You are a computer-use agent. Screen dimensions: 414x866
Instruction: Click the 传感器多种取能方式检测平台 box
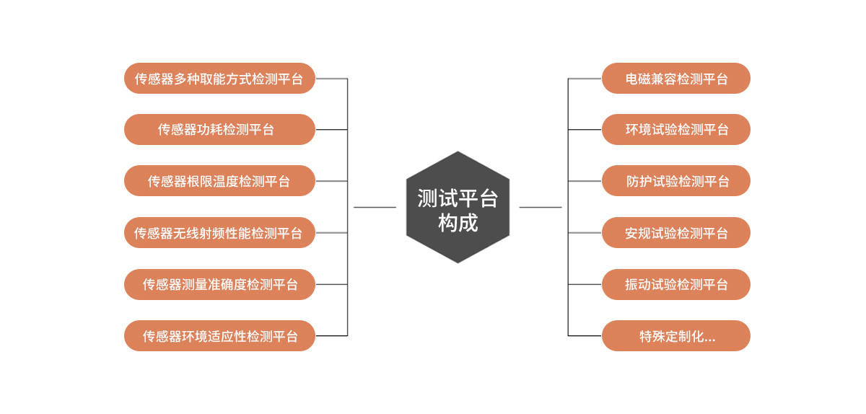point(219,79)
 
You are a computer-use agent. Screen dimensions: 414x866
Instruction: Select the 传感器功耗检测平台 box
point(219,130)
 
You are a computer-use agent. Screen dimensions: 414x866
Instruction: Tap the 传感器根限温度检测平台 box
point(219,181)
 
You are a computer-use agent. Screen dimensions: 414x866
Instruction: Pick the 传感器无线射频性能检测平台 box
point(219,233)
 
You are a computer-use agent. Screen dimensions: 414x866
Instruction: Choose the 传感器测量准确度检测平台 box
point(219,284)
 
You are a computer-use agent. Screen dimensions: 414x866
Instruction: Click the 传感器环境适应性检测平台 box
point(219,336)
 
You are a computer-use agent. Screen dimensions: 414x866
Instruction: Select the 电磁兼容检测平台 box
point(676,79)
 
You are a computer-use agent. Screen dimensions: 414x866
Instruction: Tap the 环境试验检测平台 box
point(676,130)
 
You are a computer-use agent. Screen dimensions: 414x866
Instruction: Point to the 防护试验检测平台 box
point(676,181)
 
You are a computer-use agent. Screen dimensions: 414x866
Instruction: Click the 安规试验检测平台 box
point(676,233)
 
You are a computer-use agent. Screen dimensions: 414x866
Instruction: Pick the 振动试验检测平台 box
point(676,284)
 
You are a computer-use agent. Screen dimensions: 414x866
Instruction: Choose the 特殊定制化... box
point(676,336)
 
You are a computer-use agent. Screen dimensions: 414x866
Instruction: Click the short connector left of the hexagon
point(375,208)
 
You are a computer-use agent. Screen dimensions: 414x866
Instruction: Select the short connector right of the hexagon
point(541,208)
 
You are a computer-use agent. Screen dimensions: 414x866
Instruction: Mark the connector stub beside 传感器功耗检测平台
point(331,130)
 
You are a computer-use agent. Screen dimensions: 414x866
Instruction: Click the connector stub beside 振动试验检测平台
point(585,284)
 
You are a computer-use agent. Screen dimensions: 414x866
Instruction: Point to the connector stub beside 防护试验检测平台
point(585,181)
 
